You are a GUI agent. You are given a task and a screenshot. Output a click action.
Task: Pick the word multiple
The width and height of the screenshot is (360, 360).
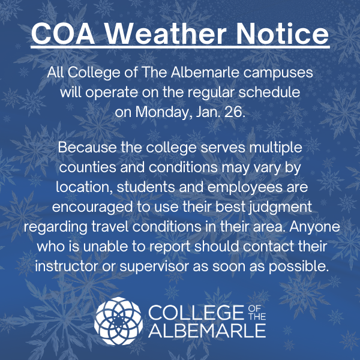(x=277, y=147)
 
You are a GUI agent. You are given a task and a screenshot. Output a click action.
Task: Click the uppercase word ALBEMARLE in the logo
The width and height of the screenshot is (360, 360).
(x=206, y=331)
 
